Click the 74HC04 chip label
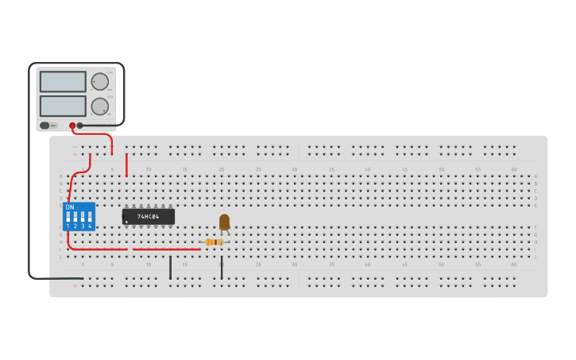click(148, 216)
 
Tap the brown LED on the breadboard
click(224, 221)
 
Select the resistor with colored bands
click(213, 242)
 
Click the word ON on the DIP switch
click(70, 207)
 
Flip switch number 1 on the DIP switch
click(68, 217)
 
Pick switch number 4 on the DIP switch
click(90, 217)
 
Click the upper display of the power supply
click(63, 82)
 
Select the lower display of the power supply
click(63, 106)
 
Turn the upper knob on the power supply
click(99, 81)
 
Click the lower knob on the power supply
click(99, 106)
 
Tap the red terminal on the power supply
click(72, 126)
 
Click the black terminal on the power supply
click(80, 126)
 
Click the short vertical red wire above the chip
click(126, 165)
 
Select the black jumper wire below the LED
click(222, 269)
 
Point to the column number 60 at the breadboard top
click(513, 168)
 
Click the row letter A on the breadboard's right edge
click(535, 176)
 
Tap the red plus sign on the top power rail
click(75, 154)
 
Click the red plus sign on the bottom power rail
click(75, 286)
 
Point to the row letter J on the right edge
click(535, 257)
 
